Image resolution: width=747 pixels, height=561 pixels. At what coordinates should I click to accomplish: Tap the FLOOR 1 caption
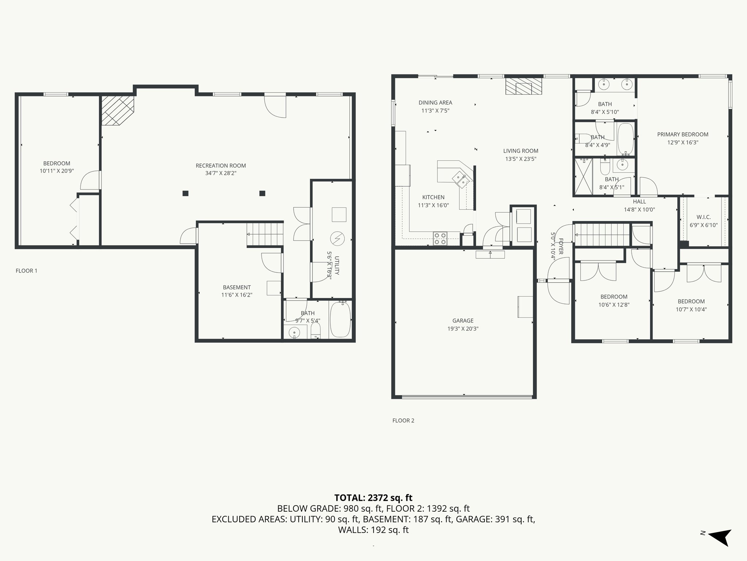(x=27, y=271)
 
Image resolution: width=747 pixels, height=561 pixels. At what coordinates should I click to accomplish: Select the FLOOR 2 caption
(x=403, y=420)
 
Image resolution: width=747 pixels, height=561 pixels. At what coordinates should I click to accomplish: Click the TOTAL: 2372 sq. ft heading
(x=373, y=497)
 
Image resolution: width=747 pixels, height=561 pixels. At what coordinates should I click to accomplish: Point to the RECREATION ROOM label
(x=221, y=165)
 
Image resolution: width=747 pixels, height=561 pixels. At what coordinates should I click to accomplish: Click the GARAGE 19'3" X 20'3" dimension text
(x=463, y=329)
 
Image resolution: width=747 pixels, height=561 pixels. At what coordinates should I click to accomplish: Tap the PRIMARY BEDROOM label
(x=683, y=134)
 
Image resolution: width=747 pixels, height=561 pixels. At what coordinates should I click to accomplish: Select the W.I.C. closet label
(x=704, y=217)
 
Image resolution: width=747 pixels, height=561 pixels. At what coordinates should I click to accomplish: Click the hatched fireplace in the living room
(x=524, y=86)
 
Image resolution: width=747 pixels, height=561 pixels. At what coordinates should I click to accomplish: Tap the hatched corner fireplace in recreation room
(x=117, y=110)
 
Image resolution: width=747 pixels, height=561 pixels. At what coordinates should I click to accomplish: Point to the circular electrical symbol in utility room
(x=337, y=238)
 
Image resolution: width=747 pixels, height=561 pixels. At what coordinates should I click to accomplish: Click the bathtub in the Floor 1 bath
(x=340, y=320)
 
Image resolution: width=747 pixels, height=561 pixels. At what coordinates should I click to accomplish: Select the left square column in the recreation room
(x=186, y=193)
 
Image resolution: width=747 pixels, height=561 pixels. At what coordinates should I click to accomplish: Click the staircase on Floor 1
(x=265, y=234)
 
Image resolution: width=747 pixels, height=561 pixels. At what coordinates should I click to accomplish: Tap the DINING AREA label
(x=436, y=103)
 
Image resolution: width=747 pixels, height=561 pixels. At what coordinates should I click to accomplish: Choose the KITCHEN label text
(x=433, y=197)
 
